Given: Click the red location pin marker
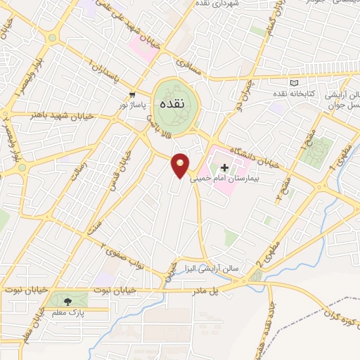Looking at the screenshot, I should [181, 166].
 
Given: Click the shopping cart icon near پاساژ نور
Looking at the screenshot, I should [131, 94].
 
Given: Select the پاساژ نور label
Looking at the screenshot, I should [134, 105].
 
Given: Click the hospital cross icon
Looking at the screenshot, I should [225, 167].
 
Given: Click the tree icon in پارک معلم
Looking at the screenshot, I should [67, 300].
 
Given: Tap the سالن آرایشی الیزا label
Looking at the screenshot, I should [212, 268].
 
